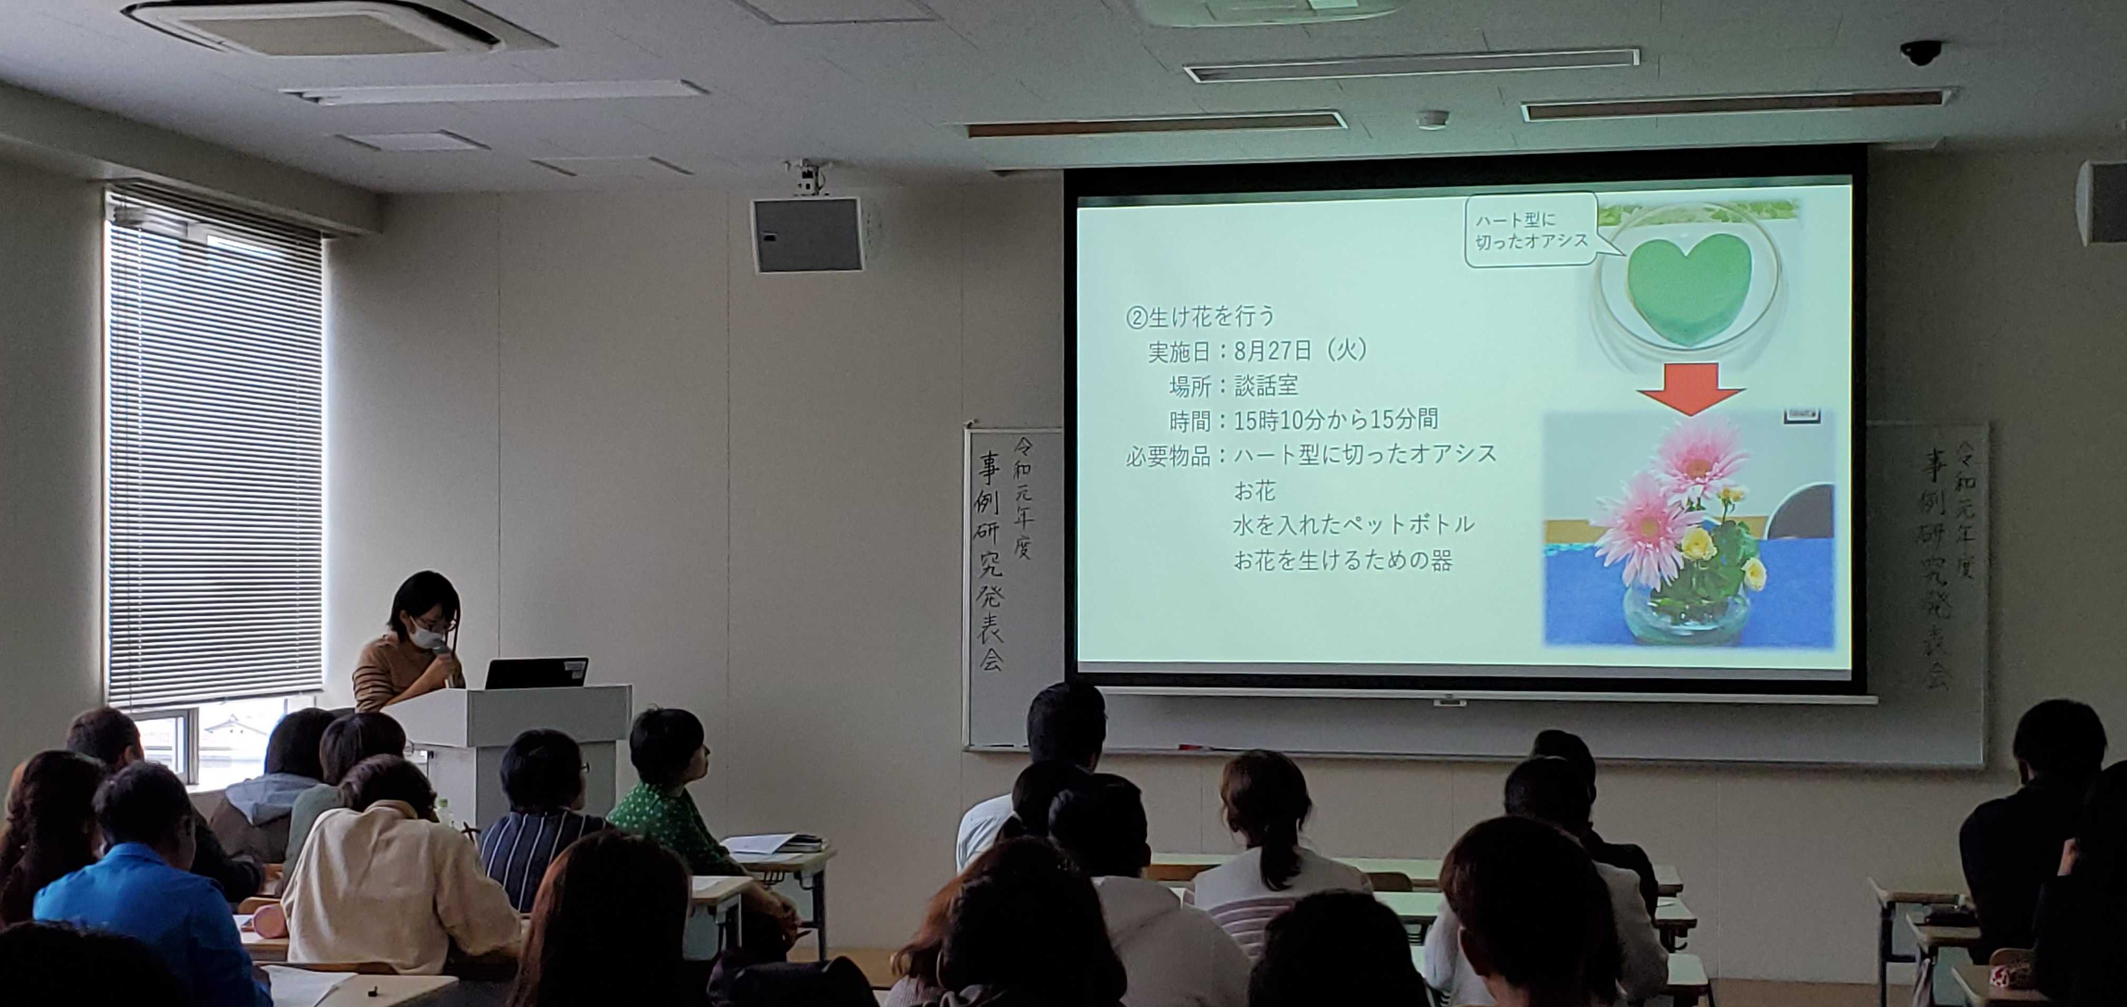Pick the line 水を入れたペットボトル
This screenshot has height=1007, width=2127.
pos(1353,524)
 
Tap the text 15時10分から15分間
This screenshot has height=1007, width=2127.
pos(1336,420)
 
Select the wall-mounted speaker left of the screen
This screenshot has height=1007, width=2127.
pos(807,235)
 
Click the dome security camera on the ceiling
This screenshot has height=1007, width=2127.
pos(1921,52)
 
